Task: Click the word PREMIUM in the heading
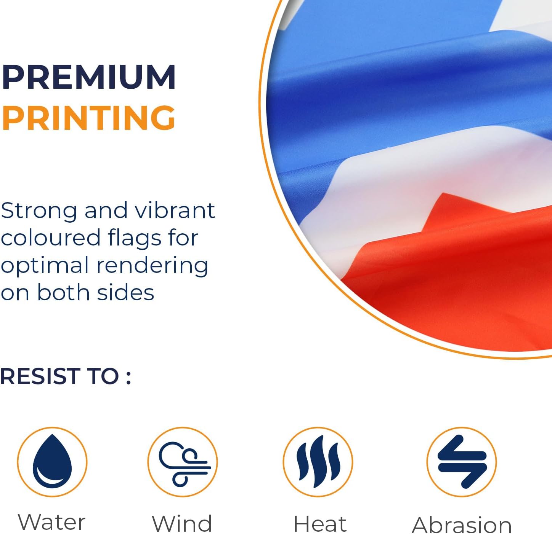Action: point(88,77)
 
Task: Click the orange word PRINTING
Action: point(88,118)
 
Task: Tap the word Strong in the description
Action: point(39,211)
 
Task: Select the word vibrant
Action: point(175,210)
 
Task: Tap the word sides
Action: point(125,292)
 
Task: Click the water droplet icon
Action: point(52,462)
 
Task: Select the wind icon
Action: point(185,462)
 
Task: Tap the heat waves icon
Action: point(318,462)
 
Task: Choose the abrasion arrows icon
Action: point(462,462)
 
